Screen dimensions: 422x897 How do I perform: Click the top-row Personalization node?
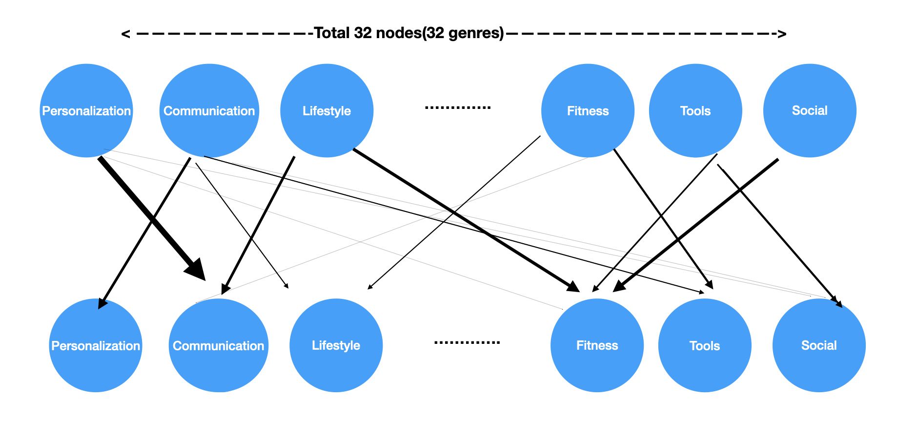[86, 111]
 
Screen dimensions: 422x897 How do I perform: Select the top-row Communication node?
[209, 111]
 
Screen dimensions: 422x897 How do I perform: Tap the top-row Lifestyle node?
[326, 111]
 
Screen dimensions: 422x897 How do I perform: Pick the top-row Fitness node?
[588, 111]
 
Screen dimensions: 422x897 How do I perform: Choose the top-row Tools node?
[695, 111]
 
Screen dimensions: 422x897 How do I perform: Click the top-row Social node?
[809, 111]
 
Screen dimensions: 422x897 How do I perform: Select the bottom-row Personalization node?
[96, 345]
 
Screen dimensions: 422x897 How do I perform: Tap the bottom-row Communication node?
[218, 345]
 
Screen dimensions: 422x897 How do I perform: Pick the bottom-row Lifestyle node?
[336, 345]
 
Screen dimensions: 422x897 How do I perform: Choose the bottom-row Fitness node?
[597, 345]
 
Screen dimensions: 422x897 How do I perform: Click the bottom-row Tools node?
[704, 345]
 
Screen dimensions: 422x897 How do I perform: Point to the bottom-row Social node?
[818, 345]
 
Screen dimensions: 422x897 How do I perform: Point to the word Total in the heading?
[332, 33]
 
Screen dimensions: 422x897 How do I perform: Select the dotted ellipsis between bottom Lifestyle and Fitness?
[467, 342]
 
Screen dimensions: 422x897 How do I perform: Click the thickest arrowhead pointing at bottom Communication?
[196, 270]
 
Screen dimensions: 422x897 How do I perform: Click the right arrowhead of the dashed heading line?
[782, 34]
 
